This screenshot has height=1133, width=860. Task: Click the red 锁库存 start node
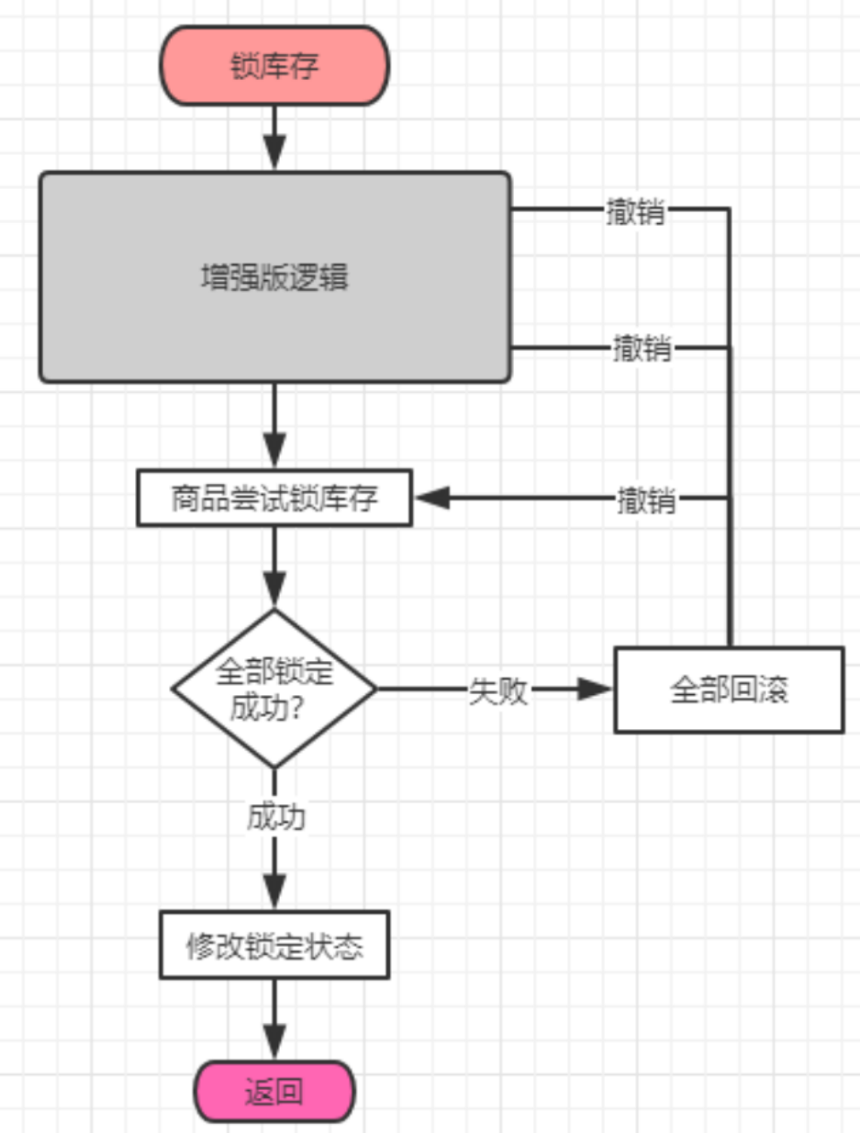pyautogui.click(x=274, y=66)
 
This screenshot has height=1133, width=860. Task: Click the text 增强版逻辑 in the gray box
pyautogui.click(x=274, y=277)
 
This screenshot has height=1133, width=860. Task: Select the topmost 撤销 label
pyautogui.click(x=635, y=210)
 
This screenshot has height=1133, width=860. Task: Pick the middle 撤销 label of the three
pyautogui.click(x=642, y=349)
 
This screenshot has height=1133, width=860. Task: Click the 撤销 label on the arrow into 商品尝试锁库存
pyautogui.click(x=646, y=500)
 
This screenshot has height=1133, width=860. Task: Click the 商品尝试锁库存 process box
pyautogui.click(x=274, y=499)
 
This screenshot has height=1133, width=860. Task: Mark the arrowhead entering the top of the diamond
pyautogui.click(x=274, y=588)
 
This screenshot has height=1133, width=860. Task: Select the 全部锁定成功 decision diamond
pyautogui.click(x=274, y=688)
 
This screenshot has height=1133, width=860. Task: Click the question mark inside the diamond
pyautogui.click(x=296, y=708)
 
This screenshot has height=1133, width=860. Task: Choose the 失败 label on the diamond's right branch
pyautogui.click(x=498, y=690)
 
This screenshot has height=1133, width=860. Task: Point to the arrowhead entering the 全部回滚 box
pyautogui.click(x=595, y=689)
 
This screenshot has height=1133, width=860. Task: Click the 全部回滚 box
pyautogui.click(x=729, y=690)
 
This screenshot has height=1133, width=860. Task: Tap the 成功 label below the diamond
pyautogui.click(x=275, y=817)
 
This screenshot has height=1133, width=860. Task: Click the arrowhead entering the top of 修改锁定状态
pyautogui.click(x=274, y=892)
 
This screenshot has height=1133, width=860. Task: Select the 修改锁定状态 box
pyautogui.click(x=274, y=945)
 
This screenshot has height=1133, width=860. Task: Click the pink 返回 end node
pyautogui.click(x=274, y=1092)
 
